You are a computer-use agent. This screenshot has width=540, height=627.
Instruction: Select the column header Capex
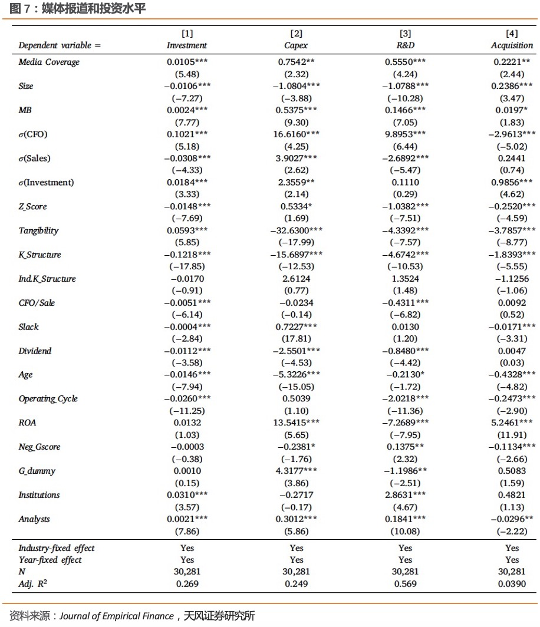(x=296, y=45)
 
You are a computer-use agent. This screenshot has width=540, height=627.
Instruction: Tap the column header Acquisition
(x=512, y=45)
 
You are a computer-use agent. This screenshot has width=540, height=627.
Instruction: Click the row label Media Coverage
(x=48, y=62)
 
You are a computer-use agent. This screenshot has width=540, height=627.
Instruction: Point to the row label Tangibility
(x=38, y=230)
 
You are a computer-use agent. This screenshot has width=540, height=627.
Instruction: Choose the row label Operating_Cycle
(x=48, y=399)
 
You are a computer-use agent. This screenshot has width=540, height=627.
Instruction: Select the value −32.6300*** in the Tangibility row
(x=296, y=230)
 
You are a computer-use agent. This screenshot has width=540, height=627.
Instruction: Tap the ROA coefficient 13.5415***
(x=296, y=423)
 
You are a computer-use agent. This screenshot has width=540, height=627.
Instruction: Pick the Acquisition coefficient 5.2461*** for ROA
(x=512, y=423)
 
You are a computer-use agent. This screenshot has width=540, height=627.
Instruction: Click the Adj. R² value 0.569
(x=405, y=583)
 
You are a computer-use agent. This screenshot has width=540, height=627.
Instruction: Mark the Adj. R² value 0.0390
(x=512, y=583)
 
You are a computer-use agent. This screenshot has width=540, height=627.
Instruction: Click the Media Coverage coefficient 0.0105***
(x=187, y=62)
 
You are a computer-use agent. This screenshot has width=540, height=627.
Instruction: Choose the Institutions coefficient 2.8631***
(x=405, y=495)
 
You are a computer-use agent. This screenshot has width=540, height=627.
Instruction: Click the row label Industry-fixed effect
(x=56, y=548)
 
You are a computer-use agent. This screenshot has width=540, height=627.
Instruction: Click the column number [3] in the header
(x=405, y=34)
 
